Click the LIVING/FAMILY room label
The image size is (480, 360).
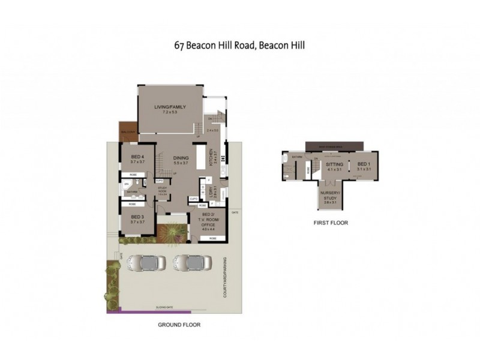[x=170, y=107]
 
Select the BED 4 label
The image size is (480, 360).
[x=138, y=157]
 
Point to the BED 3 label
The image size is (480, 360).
[x=138, y=217]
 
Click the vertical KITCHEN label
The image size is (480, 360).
[x=211, y=157]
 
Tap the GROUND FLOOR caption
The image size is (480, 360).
[x=179, y=325]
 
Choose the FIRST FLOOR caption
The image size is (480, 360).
[x=330, y=223]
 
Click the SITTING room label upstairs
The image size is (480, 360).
[x=334, y=164]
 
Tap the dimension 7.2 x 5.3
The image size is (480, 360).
[x=170, y=112]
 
